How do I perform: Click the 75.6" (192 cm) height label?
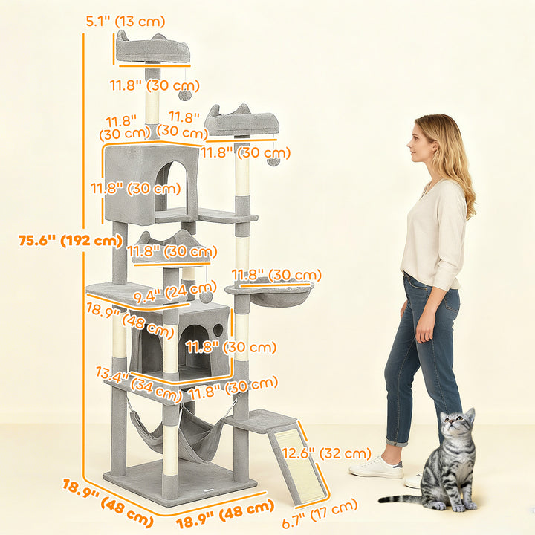coord(71,240)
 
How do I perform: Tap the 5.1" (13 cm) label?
coord(126,22)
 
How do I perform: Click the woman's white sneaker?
coord(376,467)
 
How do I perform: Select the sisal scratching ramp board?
coord(298,464)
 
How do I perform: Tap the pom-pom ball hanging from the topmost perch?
coord(185,94)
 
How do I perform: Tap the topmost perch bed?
coord(152,51)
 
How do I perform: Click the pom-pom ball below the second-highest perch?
coord(273,160)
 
